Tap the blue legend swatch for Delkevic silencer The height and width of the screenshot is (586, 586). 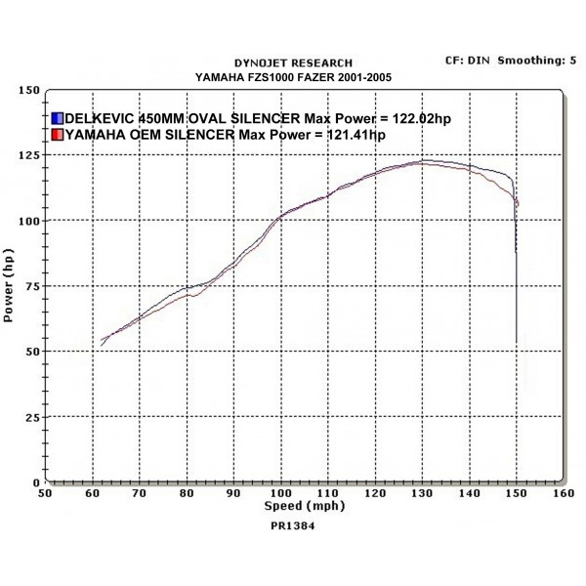click(57, 118)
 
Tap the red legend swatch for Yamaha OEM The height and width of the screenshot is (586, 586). click(57, 135)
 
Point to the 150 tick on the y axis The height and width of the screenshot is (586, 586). click(29, 90)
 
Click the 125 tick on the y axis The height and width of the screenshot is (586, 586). click(29, 155)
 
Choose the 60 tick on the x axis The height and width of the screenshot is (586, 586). click(93, 494)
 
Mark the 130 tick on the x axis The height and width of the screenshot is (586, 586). click(421, 494)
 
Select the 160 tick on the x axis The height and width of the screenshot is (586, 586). click(562, 494)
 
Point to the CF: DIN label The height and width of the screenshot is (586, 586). click(467, 61)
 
